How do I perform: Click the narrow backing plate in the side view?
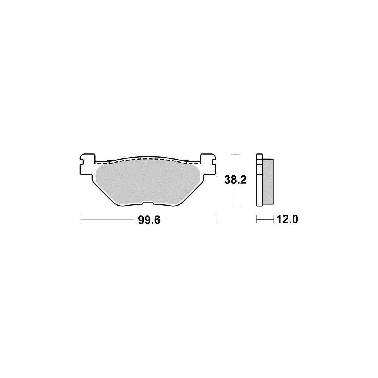[x=259, y=181]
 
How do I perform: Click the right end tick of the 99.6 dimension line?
[x=215, y=220]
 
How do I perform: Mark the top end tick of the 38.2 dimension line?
[x=236, y=154]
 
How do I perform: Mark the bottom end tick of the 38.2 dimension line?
[x=236, y=206]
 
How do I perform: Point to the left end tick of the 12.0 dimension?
[x=257, y=219]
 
